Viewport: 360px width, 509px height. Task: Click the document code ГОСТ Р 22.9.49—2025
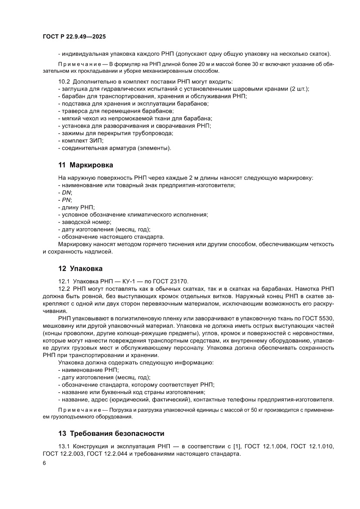(x=74, y=37)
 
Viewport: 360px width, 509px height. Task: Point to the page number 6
(x=45, y=463)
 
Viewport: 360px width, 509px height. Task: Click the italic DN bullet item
(x=66, y=192)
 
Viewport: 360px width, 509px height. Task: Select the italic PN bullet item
(x=65, y=200)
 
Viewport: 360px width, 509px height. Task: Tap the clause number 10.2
(x=64, y=81)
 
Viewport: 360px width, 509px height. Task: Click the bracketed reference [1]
(x=234, y=446)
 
